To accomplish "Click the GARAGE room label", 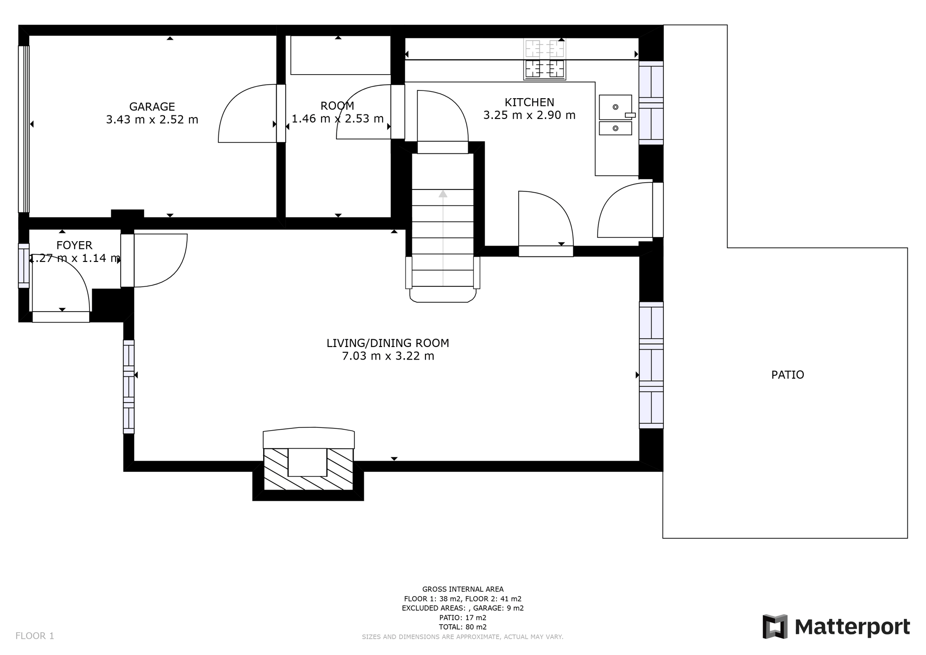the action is click(x=152, y=107).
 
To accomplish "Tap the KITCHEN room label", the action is click(x=529, y=102).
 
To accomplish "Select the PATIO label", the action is click(x=788, y=375).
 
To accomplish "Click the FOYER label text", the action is click(x=74, y=245).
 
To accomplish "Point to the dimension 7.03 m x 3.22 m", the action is click(x=388, y=356).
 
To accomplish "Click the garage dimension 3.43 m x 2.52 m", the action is click(x=152, y=119).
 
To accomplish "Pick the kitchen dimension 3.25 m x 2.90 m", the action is click(x=529, y=115).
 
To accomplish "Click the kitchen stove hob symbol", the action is click(x=544, y=59).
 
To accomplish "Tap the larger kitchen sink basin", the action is click(x=615, y=107).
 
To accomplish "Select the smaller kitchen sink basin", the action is click(x=615, y=128).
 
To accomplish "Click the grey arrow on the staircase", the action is click(x=443, y=237).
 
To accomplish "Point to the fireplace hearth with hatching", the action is click(x=308, y=469).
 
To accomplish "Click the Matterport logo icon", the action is click(x=775, y=627).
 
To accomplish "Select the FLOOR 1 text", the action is click(x=35, y=636).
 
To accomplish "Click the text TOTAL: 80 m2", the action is click(x=463, y=627).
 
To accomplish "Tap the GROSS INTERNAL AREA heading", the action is click(x=463, y=589).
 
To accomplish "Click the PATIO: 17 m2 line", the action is click(x=463, y=617).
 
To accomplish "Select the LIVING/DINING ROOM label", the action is click(x=388, y=343).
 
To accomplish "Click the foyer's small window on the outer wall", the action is click(x=24, y=266).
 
